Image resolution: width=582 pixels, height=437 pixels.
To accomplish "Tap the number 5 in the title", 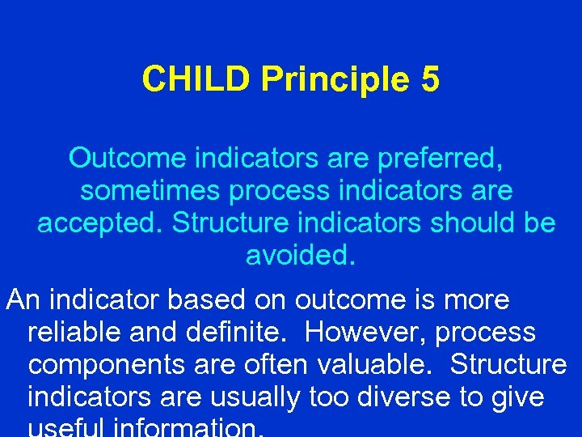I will tap(430, 79).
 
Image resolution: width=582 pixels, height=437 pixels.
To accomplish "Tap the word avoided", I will tap(300, 256).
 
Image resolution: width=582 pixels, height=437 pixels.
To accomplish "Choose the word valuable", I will tap(377, 365).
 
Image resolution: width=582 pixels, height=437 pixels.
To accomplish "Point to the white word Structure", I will tap(509, 365).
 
